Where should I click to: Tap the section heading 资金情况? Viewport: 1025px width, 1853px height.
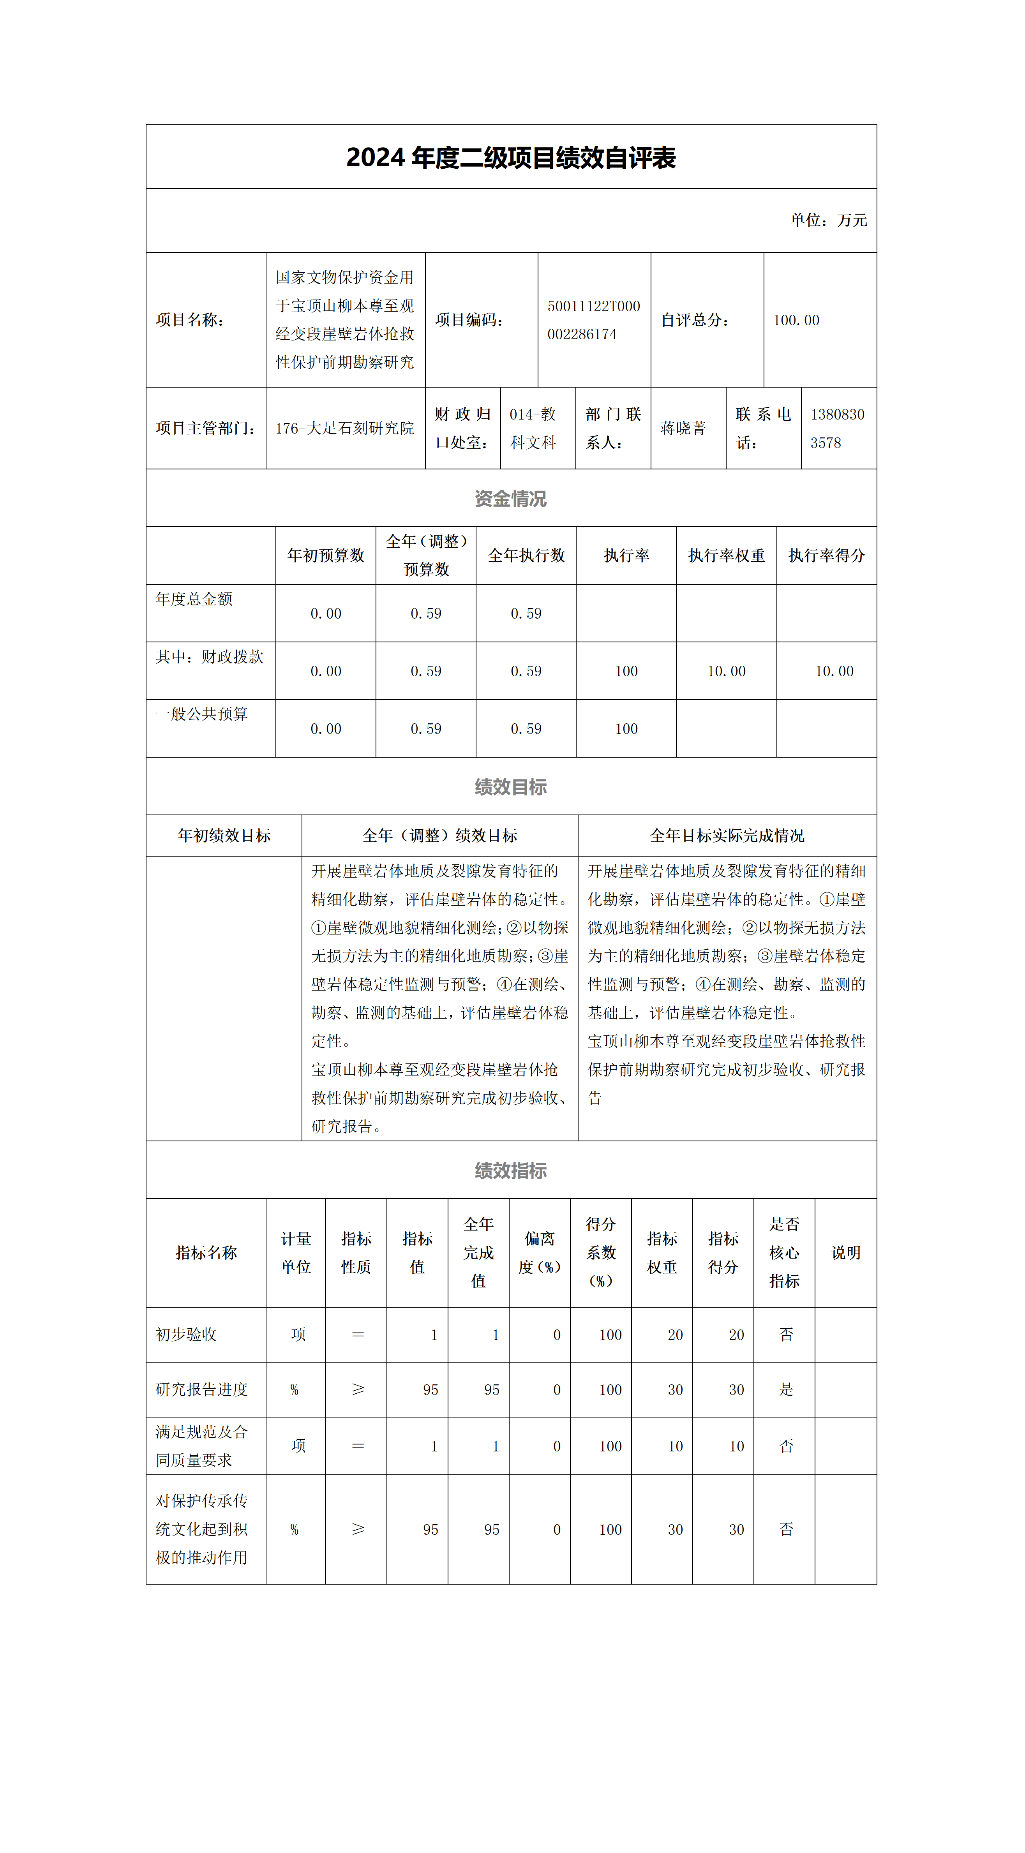click(x=511, y=499)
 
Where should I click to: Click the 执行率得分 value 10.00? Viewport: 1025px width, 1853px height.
click(x=834, y=671)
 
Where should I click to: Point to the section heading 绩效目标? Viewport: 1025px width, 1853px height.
click(x=511, y=787)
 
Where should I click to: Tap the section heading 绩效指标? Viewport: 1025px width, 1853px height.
click(x=511, y=1171)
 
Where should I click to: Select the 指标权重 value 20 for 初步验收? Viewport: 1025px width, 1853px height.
click(x=675, y=1335)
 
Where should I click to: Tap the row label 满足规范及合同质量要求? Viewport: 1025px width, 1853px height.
click(x=202, y=1446)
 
